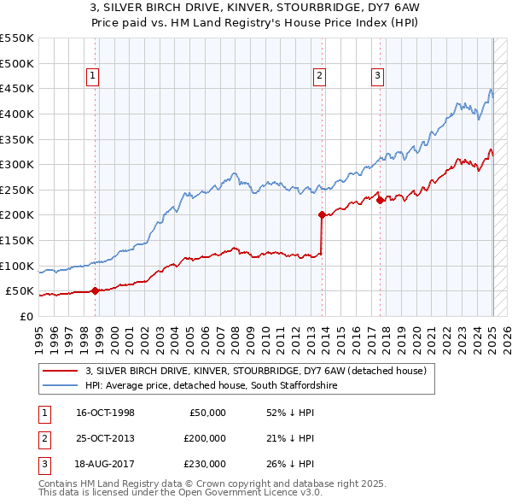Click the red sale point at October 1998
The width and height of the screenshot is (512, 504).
point(95,290)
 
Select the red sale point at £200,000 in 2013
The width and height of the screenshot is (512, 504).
point(322,215)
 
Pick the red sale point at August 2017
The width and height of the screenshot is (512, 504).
point(380,200)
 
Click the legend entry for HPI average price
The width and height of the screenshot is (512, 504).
point(211,385)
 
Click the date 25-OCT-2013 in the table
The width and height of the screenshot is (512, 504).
point(105,438)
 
